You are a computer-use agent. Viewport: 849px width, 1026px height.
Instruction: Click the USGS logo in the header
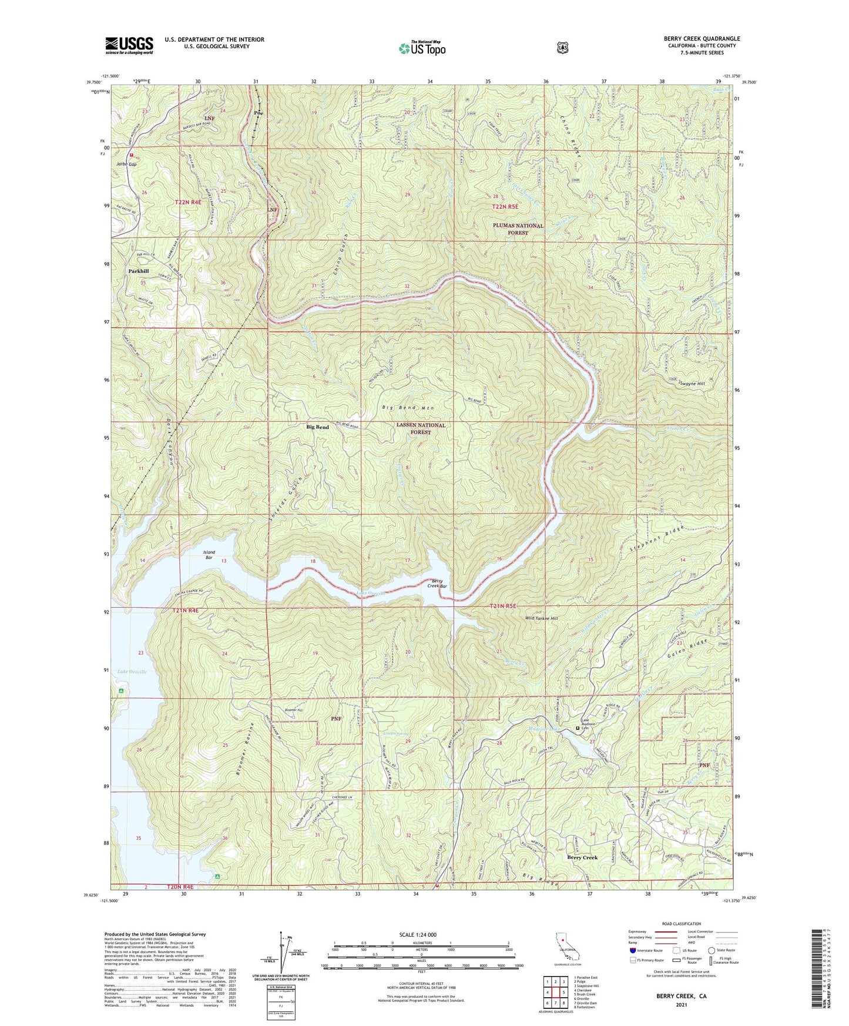129,45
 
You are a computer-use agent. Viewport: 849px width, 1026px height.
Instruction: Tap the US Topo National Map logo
421,48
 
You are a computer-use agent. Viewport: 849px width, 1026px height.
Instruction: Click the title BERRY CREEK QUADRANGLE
702,39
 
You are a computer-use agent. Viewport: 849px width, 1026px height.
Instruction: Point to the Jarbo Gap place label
126,164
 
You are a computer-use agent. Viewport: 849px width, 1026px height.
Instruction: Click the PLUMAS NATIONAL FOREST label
518,229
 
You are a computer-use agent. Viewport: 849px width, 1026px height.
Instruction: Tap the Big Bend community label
317,427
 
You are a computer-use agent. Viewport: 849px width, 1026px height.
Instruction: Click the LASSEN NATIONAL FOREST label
420,428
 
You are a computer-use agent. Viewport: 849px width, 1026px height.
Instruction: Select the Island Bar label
209,555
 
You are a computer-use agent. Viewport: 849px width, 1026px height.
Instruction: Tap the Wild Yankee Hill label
541,619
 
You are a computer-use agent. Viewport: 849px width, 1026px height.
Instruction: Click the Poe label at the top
257,113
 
